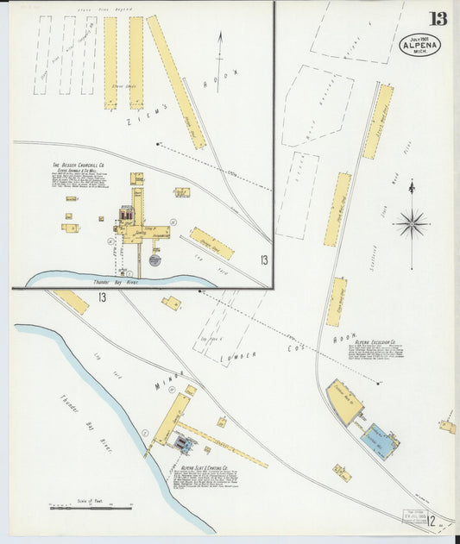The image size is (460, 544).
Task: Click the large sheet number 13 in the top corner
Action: [438, 17]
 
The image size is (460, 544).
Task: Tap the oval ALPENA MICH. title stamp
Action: [419, 45]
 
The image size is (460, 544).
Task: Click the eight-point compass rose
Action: [412, 224]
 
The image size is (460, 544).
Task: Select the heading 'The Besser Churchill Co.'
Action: [79, 165]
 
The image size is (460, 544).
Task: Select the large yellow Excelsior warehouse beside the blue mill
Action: [345, 403]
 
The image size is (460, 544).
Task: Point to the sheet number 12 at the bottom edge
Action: [429, 521]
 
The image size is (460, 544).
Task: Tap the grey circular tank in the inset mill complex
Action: [154, 259]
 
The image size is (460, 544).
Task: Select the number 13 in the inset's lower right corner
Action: [262, 261]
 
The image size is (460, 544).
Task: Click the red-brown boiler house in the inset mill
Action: [128, 213]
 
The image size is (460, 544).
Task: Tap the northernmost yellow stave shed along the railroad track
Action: [378, 122]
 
